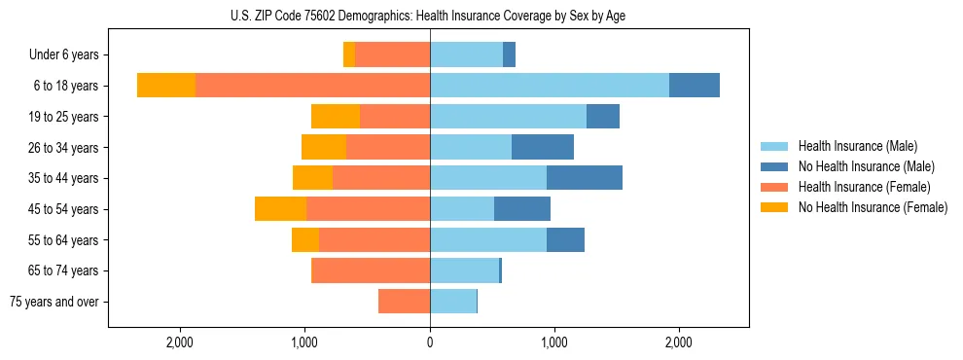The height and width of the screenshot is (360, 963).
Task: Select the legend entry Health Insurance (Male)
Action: pos(857,146)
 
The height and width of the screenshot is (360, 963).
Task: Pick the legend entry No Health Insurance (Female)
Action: pos(873,207)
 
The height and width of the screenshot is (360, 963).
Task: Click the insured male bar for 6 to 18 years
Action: pos(549,86)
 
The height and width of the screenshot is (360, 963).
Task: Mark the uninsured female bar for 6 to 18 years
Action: pos(166,86)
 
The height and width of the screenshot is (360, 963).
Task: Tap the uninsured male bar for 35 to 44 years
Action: pos(584,178)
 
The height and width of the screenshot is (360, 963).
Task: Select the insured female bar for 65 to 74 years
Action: pos(371,270)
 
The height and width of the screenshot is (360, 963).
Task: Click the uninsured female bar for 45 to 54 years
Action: pos(280,209)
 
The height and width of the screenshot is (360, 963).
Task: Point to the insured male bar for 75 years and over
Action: pos(453,302)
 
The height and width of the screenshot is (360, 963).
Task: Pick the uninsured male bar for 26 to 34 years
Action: pos(542,148)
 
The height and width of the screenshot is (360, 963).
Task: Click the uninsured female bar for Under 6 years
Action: pos(349,55)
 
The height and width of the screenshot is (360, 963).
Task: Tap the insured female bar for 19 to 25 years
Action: pos(395,117)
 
